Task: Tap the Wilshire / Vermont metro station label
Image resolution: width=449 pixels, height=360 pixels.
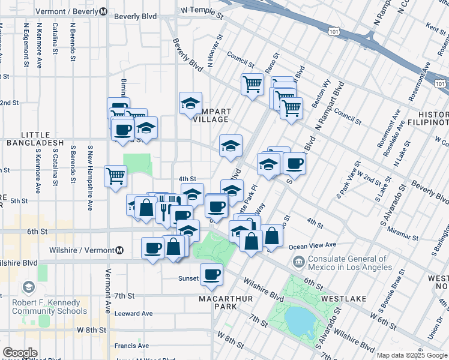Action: pyautogui.click(x=86, y=250)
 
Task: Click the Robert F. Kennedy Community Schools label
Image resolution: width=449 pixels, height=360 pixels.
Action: pyautogui.click(x=49, y=307)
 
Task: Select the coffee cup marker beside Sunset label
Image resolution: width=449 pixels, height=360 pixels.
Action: pyautogui.click(x=211, y=275)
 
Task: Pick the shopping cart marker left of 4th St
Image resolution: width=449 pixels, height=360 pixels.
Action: pyautogui.click(x=115, y=176)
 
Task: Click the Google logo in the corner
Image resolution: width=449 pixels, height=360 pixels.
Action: pyautogui.click(x=20, y=353)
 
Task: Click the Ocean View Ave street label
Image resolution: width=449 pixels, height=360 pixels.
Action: pyautogui.click(x=312, y=245)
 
